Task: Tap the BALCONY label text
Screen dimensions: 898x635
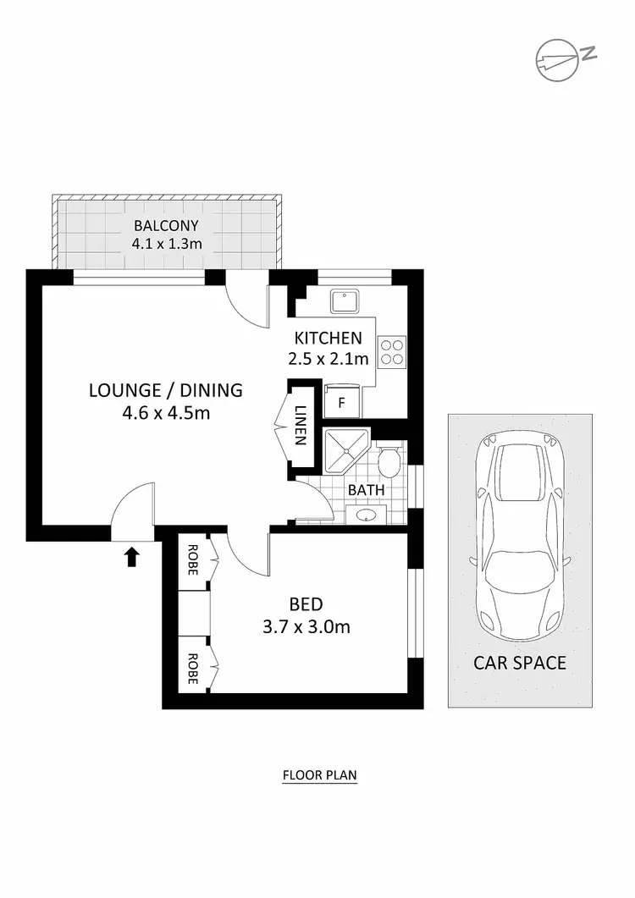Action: click(x=165, y=225)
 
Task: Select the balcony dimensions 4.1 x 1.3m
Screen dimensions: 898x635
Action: click(x=165, y=244)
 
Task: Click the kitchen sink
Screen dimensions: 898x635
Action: click(x=345, y=300)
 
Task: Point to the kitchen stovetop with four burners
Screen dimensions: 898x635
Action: click(x=392, y=350)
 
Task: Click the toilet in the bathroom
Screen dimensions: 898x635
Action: click(x=390, y=463)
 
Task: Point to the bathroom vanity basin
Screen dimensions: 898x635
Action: click(x=367, y=515)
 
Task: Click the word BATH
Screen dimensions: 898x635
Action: click(x=366, y=489)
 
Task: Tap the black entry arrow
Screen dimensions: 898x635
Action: click(x=132, y=556)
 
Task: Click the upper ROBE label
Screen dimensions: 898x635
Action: click(x=192, y=559)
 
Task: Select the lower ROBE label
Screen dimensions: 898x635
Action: click(x=192, y=668)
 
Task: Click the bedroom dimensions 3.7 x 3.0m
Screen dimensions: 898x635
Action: click(x=306, y=627)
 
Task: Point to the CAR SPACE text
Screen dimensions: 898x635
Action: click(x=519, y=663)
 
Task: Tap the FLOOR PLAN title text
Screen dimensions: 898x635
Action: click(x=320, y=774)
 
